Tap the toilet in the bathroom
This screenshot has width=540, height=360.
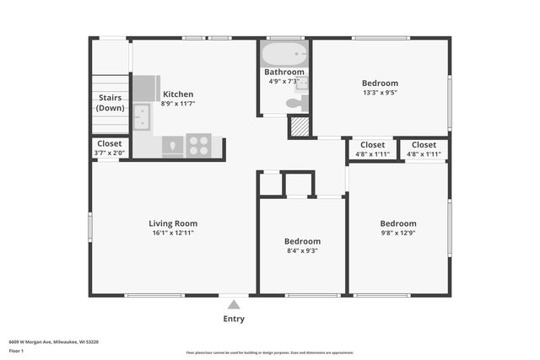pos(294,104)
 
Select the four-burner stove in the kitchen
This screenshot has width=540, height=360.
pos(199,146)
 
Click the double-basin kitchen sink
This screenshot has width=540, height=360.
pos(142,116)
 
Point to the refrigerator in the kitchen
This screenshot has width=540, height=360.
pos(145,88)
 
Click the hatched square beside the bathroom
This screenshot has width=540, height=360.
pos(300,126)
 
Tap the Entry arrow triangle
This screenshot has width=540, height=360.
pos(234,301)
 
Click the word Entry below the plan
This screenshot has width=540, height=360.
pos(234,319)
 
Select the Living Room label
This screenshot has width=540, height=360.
pos(174,223)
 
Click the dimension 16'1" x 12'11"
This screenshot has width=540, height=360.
pos(174,234)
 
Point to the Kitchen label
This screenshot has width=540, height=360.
pos(178,94)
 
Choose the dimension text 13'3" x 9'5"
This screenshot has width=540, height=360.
pos(380,94)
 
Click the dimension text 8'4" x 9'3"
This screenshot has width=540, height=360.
pos(302,250)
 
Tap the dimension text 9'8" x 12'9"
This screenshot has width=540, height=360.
pos(397,234)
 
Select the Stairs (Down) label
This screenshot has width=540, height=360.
pos(111,103)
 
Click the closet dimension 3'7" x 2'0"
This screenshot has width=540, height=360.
pos(109,153)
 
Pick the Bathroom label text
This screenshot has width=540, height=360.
pos(283,73)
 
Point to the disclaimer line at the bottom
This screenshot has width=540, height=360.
pos(269,352)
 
